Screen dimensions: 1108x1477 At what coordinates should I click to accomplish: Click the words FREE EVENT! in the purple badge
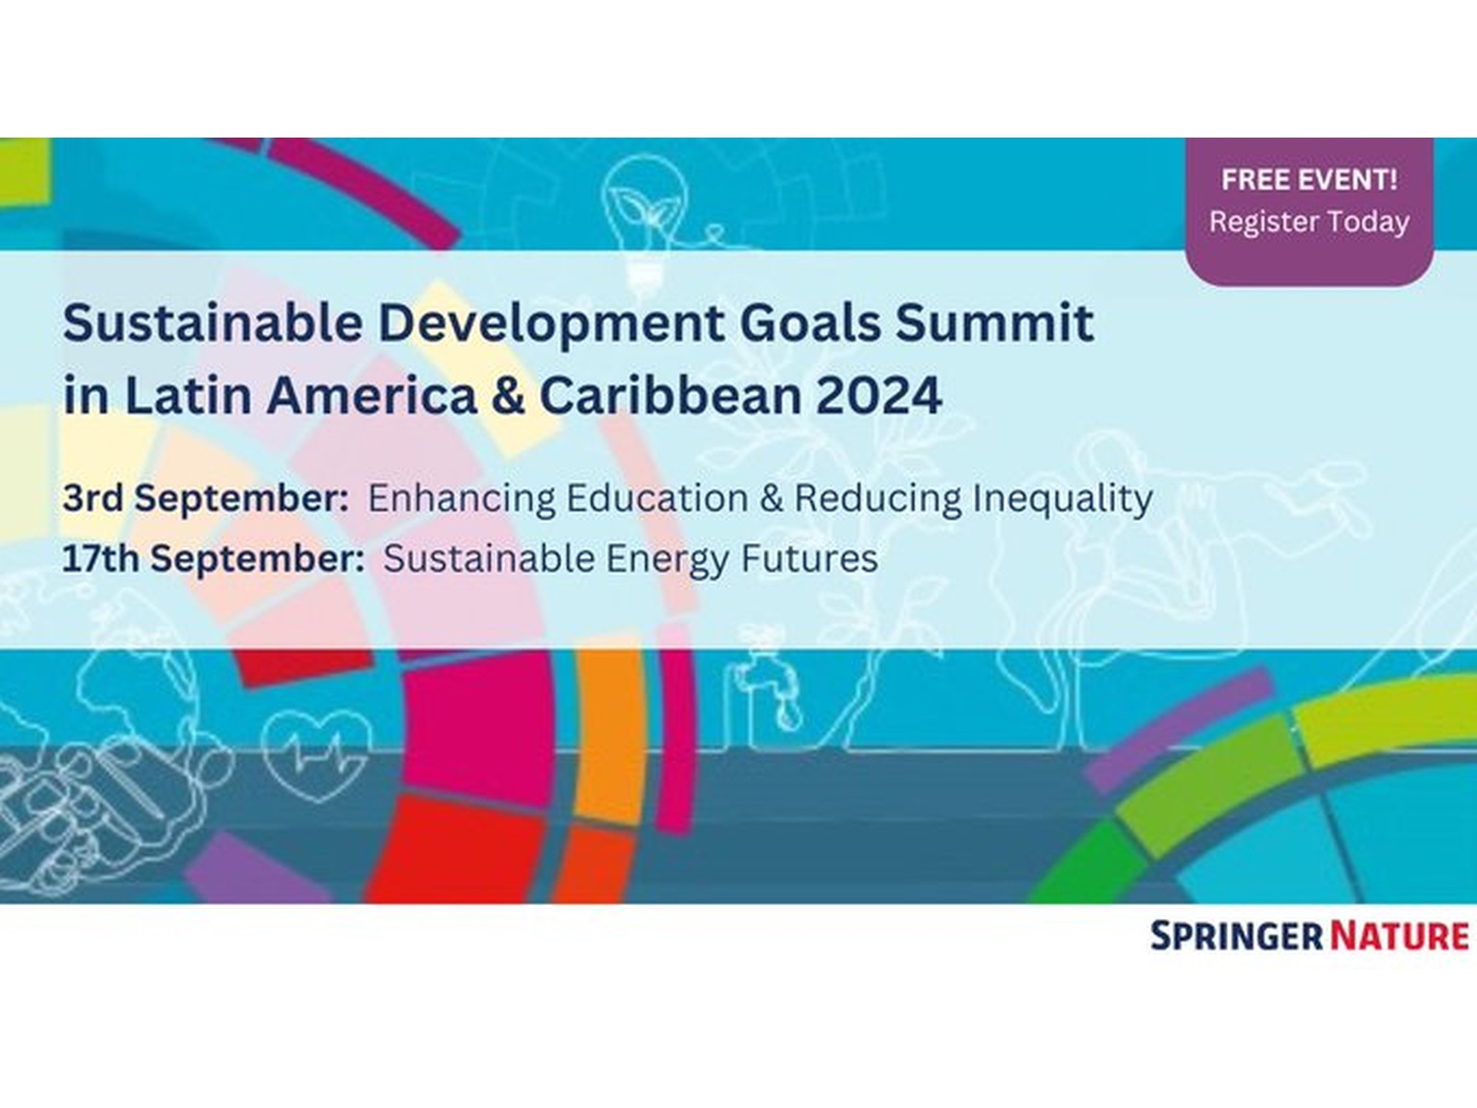(x=1309, y=179)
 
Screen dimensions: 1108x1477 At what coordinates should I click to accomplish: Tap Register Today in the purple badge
(x=1309, y=222)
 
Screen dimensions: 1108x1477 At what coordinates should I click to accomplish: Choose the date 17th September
(x=213, y=559)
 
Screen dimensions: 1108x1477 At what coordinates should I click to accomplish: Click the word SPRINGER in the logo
(x=1237, y=935)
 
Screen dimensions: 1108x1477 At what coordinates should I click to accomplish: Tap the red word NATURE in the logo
(x=1399, y=935)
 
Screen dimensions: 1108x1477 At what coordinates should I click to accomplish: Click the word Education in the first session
(x=656, y=499)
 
